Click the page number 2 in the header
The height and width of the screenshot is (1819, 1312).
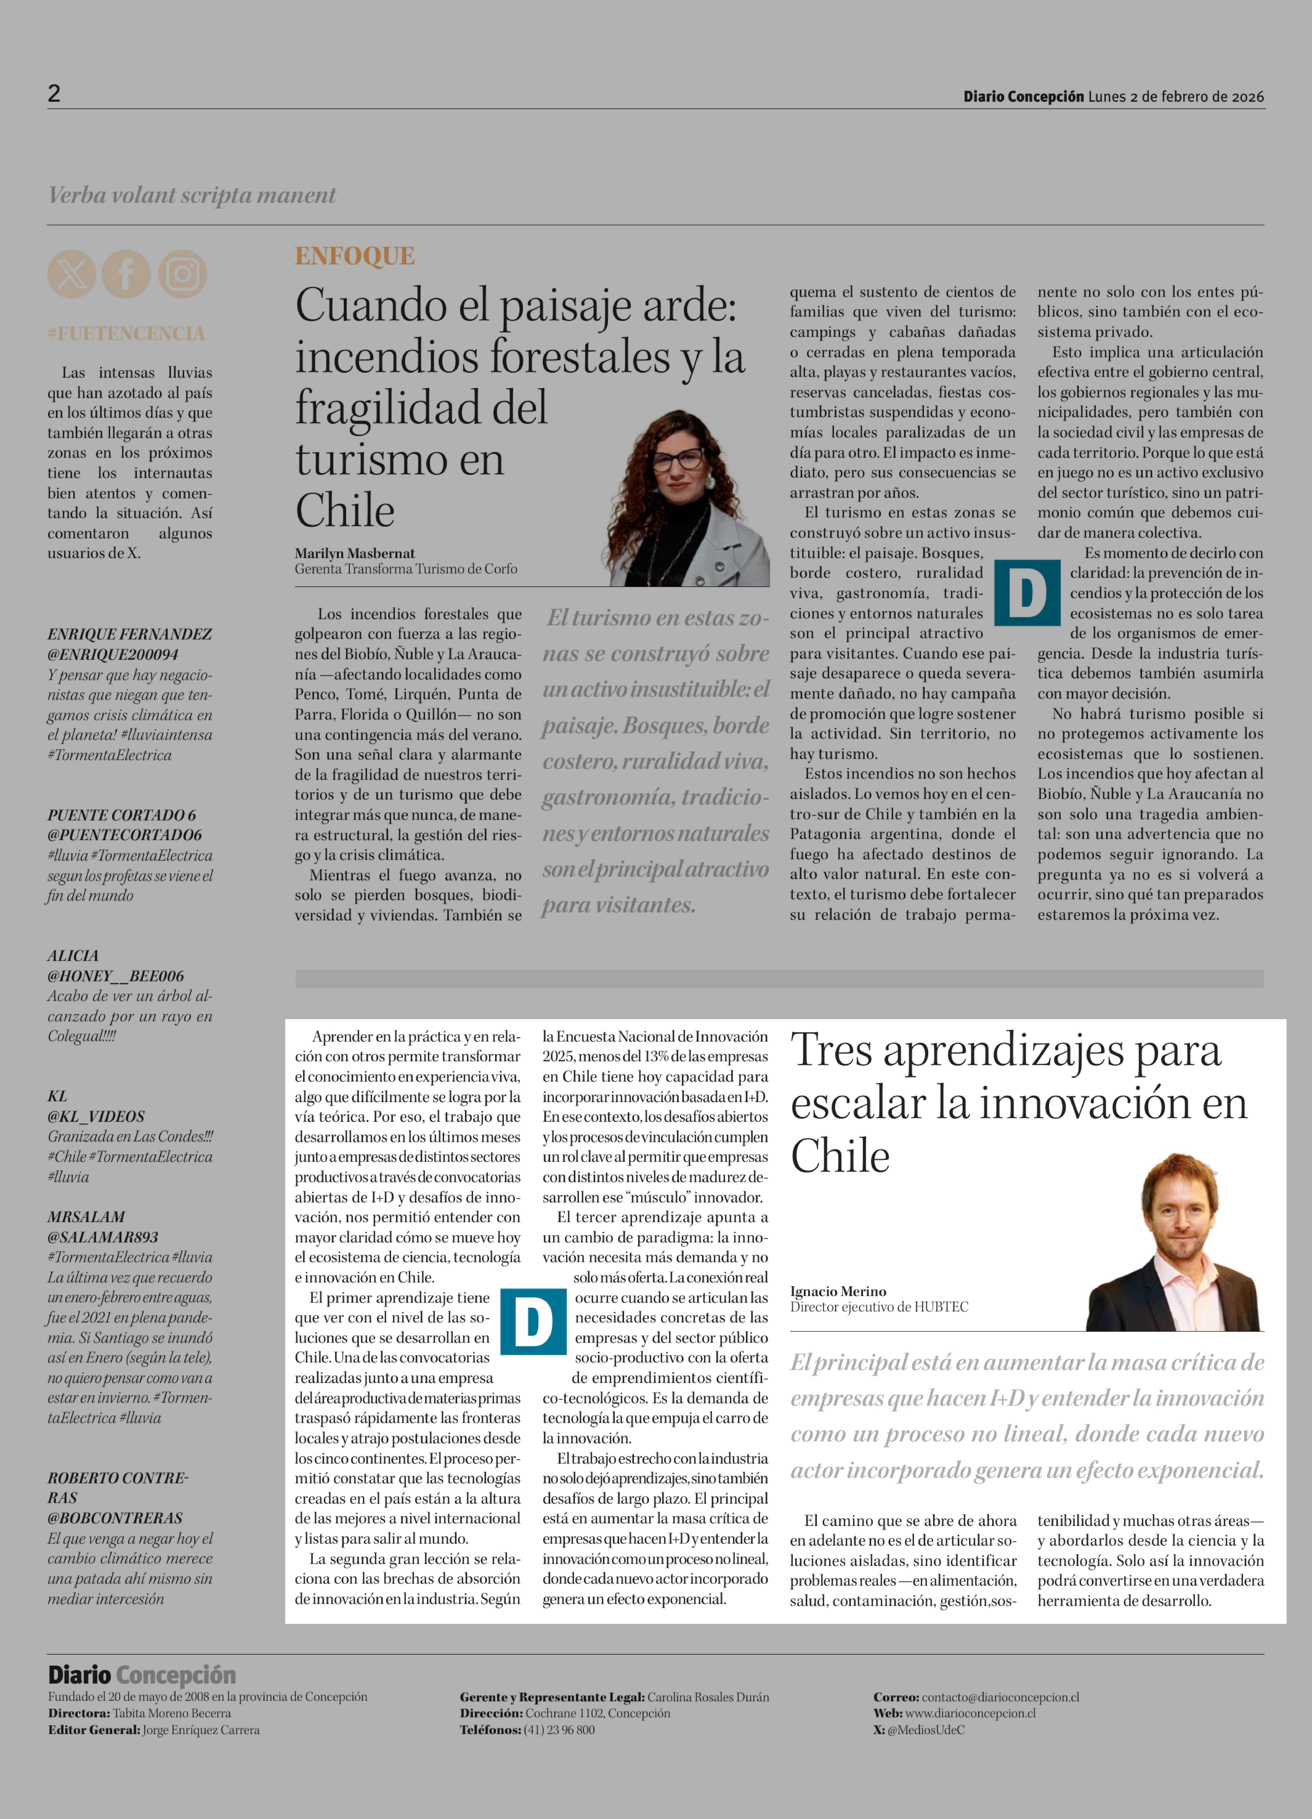(x=54, y=94)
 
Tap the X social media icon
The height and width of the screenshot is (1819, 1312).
(x=71, y=274)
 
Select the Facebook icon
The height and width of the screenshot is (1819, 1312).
(x=126, y=274)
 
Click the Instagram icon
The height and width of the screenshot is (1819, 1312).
(x=182, y=274)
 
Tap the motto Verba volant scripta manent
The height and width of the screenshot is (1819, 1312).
(x=192, y=195)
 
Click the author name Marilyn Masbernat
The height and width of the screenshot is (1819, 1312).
(x=354, y=553)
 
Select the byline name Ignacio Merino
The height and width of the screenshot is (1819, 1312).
(x=838, y=1291)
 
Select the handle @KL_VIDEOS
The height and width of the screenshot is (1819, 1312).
(x=96, y=1116)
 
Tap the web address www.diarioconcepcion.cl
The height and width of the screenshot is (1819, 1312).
(x=970, y=1713)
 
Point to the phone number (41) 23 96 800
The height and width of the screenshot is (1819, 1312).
(x=559, y=1730)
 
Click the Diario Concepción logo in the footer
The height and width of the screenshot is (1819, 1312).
(x=142, y=1675)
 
